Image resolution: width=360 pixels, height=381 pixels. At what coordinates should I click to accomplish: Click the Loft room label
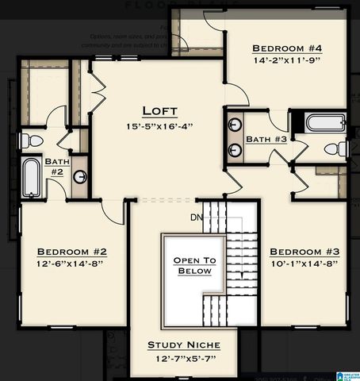[x=159, y=110]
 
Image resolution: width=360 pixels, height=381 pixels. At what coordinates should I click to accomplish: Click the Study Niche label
[x=184, y=345]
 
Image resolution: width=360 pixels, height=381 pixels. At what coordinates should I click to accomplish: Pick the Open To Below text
[x=195, y=266]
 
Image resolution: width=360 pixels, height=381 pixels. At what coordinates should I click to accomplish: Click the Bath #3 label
[x=266, y=140]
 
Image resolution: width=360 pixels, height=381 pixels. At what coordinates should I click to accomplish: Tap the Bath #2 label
[x=56, y=166]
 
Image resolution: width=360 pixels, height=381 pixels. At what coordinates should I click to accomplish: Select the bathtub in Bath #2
[x=31, y=178]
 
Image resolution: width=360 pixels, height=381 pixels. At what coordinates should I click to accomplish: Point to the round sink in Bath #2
[x=81, y=176]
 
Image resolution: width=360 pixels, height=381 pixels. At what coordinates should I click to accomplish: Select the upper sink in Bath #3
[x=236, y=126]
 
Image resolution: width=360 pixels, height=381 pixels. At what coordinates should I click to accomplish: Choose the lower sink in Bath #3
[x=236, y=149]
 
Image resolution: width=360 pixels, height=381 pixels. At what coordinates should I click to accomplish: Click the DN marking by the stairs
[x=197, y=217]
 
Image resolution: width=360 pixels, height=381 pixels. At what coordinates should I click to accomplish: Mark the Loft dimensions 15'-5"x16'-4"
[x=159, y=125]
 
